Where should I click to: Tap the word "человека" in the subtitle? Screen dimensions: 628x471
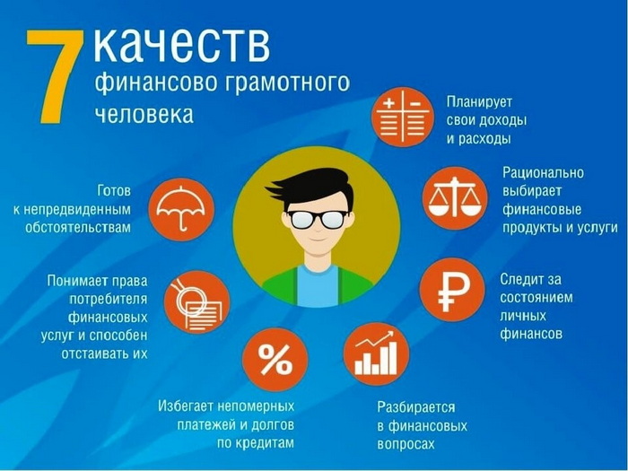pyautogui.click(x=144, y=113)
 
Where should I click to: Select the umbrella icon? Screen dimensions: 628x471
pyautogui.click(x=181, y=209)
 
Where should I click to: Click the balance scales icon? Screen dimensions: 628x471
pyautogui.click(x=455, y=198)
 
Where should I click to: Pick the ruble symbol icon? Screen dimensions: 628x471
pyautogui.click(x=452, y=290)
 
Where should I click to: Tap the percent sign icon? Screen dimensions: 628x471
pyautogui.click(x=275, y=360)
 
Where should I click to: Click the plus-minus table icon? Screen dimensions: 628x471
pyautogui.click(x=402, y=117)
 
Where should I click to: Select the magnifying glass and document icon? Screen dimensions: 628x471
pyautogui.click(x=197, y=303)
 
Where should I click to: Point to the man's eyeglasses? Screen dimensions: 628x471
pyautogui.click(x=318, y=218)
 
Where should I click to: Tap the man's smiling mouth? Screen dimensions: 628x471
pyautogui.click(x=318, y=240)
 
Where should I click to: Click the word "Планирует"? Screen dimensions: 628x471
pyautogui.click(x=479, y=102)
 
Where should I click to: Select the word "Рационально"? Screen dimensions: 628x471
pyautogui.click(x=543, y=172)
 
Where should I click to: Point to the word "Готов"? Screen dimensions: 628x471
pyautogui.click(x=114, y=190)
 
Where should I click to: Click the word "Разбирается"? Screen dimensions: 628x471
pyautogui.click(x=416, y=407)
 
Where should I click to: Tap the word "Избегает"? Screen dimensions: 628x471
pyautogui.click(x=186, y=406)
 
